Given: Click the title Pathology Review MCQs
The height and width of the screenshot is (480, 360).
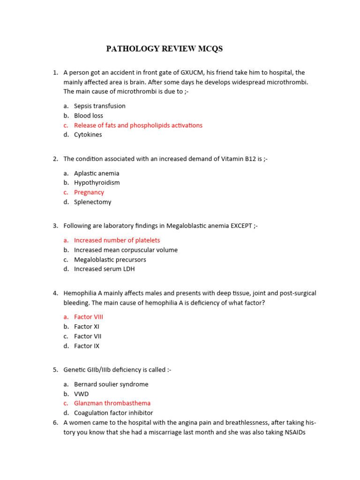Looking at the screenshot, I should click(x=164, y=49).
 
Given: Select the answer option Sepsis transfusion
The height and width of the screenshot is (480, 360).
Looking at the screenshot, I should click(x=99, y=106).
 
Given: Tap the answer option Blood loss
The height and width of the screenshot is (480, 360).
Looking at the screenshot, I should click(x=89, y=116).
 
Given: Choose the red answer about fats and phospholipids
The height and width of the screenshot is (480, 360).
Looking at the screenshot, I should click(x=138, y=125).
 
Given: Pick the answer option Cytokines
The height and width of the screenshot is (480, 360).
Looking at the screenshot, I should click(x=88, y=135).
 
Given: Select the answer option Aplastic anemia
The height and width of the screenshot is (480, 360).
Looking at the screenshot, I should click(x=97, y=173).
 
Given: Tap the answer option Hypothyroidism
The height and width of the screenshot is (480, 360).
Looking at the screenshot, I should click(x=97, y=183).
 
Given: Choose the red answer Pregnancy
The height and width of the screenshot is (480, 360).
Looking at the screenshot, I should click(x=89, y=193).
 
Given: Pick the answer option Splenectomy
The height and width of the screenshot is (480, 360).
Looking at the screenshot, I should click(x=92, y=202).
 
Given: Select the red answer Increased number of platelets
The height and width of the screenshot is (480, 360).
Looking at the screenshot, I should click(x=117, y=240).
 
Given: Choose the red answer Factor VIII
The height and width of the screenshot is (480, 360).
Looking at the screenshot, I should click(x=89, y=317).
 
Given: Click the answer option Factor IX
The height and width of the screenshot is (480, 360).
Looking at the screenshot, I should click(x=87, y=346).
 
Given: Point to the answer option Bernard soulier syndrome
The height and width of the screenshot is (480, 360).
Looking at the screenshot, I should click(x=111, y=384).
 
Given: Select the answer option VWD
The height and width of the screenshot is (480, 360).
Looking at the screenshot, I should click(x=81, y=394).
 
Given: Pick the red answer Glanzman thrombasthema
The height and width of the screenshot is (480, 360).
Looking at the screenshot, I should click(x=112, y=403).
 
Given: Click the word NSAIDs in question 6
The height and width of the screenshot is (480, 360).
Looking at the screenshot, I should click(x=295, y=433).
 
